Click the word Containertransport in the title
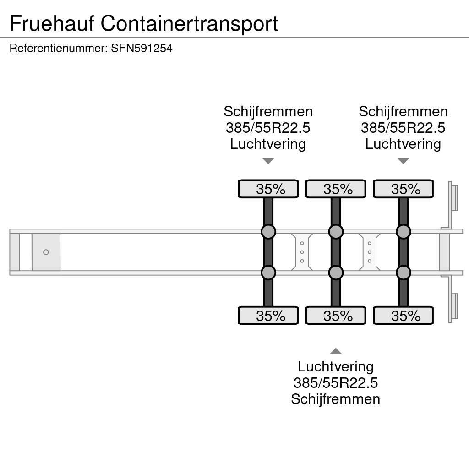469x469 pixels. coord(190,23)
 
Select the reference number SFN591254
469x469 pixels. coord(142,49)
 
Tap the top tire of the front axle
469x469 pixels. coord(268,189)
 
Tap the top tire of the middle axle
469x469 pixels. coord(336,189)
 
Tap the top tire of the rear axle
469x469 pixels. coord(403,189)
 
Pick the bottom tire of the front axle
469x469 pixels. coord(268,316)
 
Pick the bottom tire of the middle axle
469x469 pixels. coord(336,316)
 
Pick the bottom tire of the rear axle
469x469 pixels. coord(403,316)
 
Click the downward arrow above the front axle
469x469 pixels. coord(268,161)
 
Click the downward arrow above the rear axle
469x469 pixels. coord(403,161)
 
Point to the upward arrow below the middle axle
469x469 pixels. coord(336,351)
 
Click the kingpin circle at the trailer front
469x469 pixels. coord(46,252)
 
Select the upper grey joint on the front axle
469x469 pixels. coord(268,232)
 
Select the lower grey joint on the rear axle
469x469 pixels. coord(403,273)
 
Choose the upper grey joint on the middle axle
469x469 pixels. coord(336,232)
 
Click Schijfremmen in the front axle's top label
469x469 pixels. coord(268,112)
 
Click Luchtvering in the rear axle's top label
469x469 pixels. coord(403,144)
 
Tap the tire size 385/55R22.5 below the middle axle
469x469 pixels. coord(336,383)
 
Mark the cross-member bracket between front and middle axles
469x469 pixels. coord(302,252)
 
